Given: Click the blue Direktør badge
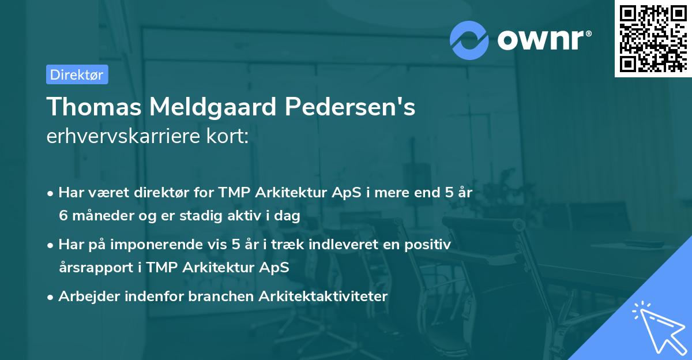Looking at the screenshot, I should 77,74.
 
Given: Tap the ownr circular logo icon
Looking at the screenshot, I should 469,39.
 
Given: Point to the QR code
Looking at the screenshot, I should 653,39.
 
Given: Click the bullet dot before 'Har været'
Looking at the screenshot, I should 51,193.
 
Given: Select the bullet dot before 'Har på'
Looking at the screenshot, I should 51,245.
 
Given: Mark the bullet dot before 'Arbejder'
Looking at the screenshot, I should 51,297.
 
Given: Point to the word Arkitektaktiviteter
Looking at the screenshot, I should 323,296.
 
